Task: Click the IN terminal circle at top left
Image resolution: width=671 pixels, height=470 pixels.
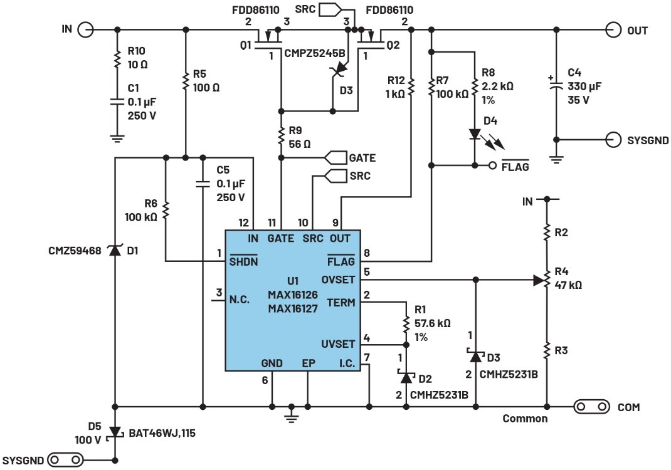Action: point(86,29)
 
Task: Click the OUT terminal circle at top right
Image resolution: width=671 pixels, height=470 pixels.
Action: point(613,29)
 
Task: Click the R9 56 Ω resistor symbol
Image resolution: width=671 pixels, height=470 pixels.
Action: point(281,134)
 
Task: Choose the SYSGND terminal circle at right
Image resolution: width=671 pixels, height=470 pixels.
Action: point(613,139)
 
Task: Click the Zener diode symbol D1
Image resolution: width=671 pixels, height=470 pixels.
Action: point(115,251)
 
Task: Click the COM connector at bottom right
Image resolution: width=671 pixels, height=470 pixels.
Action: point(591,407)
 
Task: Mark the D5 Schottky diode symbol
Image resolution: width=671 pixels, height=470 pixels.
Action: point(115,432)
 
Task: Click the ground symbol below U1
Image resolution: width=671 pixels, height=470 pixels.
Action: point(291,414)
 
